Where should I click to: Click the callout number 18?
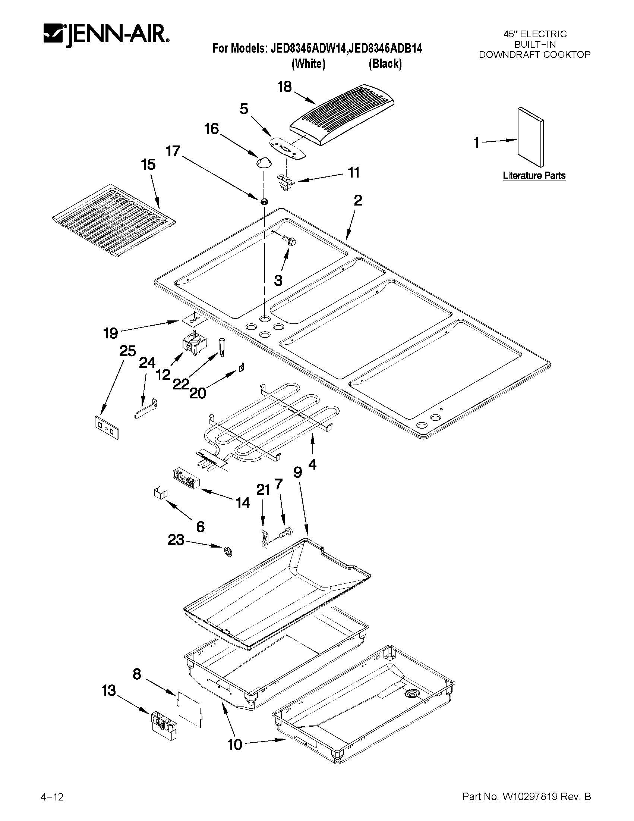point(284,87)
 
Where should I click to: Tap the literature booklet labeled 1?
point(530,137)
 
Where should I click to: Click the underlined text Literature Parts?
point(534,176)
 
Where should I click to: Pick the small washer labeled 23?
point(228,551)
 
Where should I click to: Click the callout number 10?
point(235,745)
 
